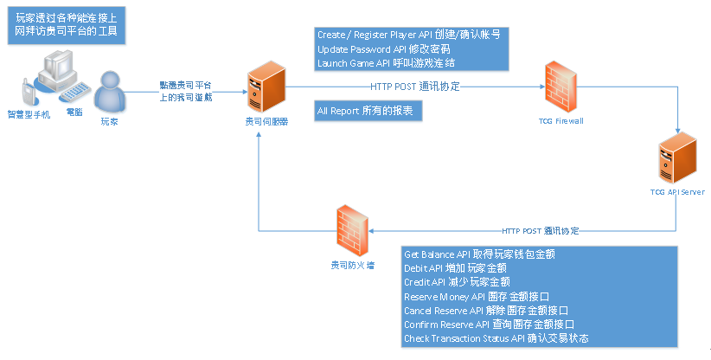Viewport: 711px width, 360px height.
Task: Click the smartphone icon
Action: tap(26, 92)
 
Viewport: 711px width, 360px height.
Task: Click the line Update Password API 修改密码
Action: tap(383, 48)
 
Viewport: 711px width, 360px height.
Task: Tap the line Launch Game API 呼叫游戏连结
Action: tap(386, 62)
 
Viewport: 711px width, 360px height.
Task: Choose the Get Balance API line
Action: tap(479, 254)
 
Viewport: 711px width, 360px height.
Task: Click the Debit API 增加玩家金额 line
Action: tap(457, 268)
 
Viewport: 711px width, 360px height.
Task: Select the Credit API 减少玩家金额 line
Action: tap(457, 282)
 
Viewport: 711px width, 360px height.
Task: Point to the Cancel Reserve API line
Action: tap(485, 310)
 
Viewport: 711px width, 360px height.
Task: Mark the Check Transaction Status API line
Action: tap(496, 337)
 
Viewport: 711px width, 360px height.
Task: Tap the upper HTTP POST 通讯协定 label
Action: tap(415, 87)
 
